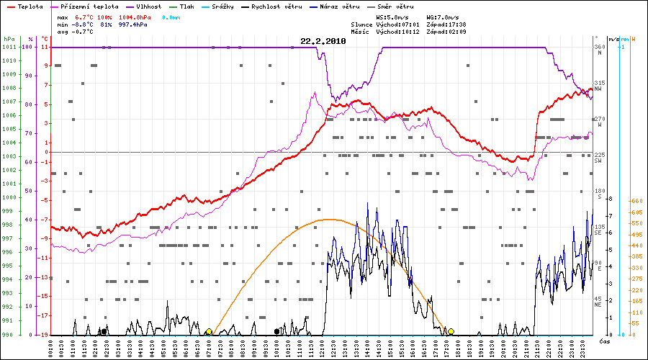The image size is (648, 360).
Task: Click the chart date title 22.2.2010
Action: pos(323,41)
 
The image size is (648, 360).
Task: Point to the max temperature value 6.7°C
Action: pos(85,17)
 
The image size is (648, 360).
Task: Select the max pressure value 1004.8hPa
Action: pos(133,17)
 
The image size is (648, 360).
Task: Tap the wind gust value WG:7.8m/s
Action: pos(443,17)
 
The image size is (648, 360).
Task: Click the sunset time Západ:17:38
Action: pos(447,24)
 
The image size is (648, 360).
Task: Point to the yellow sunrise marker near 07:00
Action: pos(209,332)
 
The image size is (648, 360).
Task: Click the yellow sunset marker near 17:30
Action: pos(451,332)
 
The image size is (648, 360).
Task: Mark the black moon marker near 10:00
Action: pos(277,331)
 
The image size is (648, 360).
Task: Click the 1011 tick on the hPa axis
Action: pos(9,47)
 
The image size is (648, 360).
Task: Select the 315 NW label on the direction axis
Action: pos(598,86)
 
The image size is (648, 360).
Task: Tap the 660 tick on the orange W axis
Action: pos(636,201)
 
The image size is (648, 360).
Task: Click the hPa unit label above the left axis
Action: pos(9,38)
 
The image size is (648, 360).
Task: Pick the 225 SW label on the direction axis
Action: pos(598,158)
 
